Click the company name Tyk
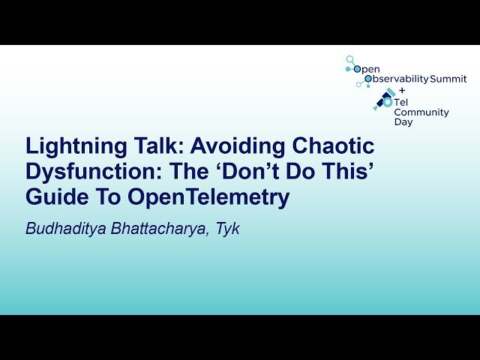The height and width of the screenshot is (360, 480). [x=228, y=229]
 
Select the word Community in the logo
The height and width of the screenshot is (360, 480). [x=421, y=112]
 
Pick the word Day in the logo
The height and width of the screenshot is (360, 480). [x=403, y=121]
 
